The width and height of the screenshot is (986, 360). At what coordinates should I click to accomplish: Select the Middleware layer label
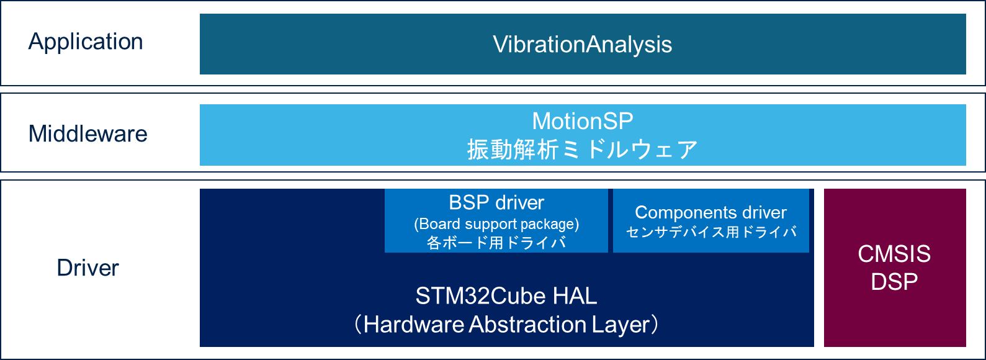[x=88, y=134]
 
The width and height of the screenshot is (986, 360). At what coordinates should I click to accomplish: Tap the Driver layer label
[x=88, y=268]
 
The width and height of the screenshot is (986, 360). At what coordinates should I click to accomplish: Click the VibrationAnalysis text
[x=583, y=45]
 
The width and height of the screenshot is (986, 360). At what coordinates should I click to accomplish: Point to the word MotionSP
[x=583, y=121]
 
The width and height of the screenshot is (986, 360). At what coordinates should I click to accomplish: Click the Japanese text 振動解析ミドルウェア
[x=583, y=150]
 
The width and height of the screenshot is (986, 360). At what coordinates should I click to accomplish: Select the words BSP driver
[x=496, y=203]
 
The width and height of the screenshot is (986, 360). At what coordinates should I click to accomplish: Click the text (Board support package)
[x=496, y=225]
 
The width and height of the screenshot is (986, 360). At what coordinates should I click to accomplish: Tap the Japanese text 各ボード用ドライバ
[x=496, y=243]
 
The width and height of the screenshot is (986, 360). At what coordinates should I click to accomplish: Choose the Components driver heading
[x=711, y=212]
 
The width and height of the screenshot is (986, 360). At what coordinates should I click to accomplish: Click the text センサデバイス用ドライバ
[x=711, y=232]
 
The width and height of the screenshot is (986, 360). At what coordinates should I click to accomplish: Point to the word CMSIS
[x=894, y=254]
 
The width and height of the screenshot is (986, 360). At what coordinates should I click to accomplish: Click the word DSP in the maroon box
[x=894, y=282]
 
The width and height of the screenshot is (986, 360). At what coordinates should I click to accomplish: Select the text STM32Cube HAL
[x=506, y=295]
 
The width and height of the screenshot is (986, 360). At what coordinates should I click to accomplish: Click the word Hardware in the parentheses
[x=414, y=325]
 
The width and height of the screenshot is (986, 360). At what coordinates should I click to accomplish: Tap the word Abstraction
[x=528, y=325]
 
